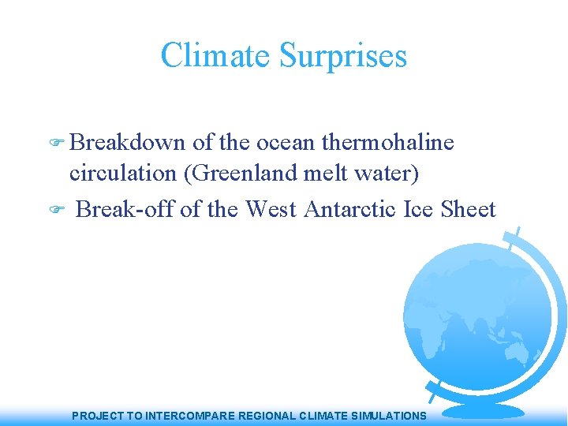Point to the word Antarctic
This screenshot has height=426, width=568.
click(351, 209)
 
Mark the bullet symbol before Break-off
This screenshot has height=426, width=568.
click(56, 211)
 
